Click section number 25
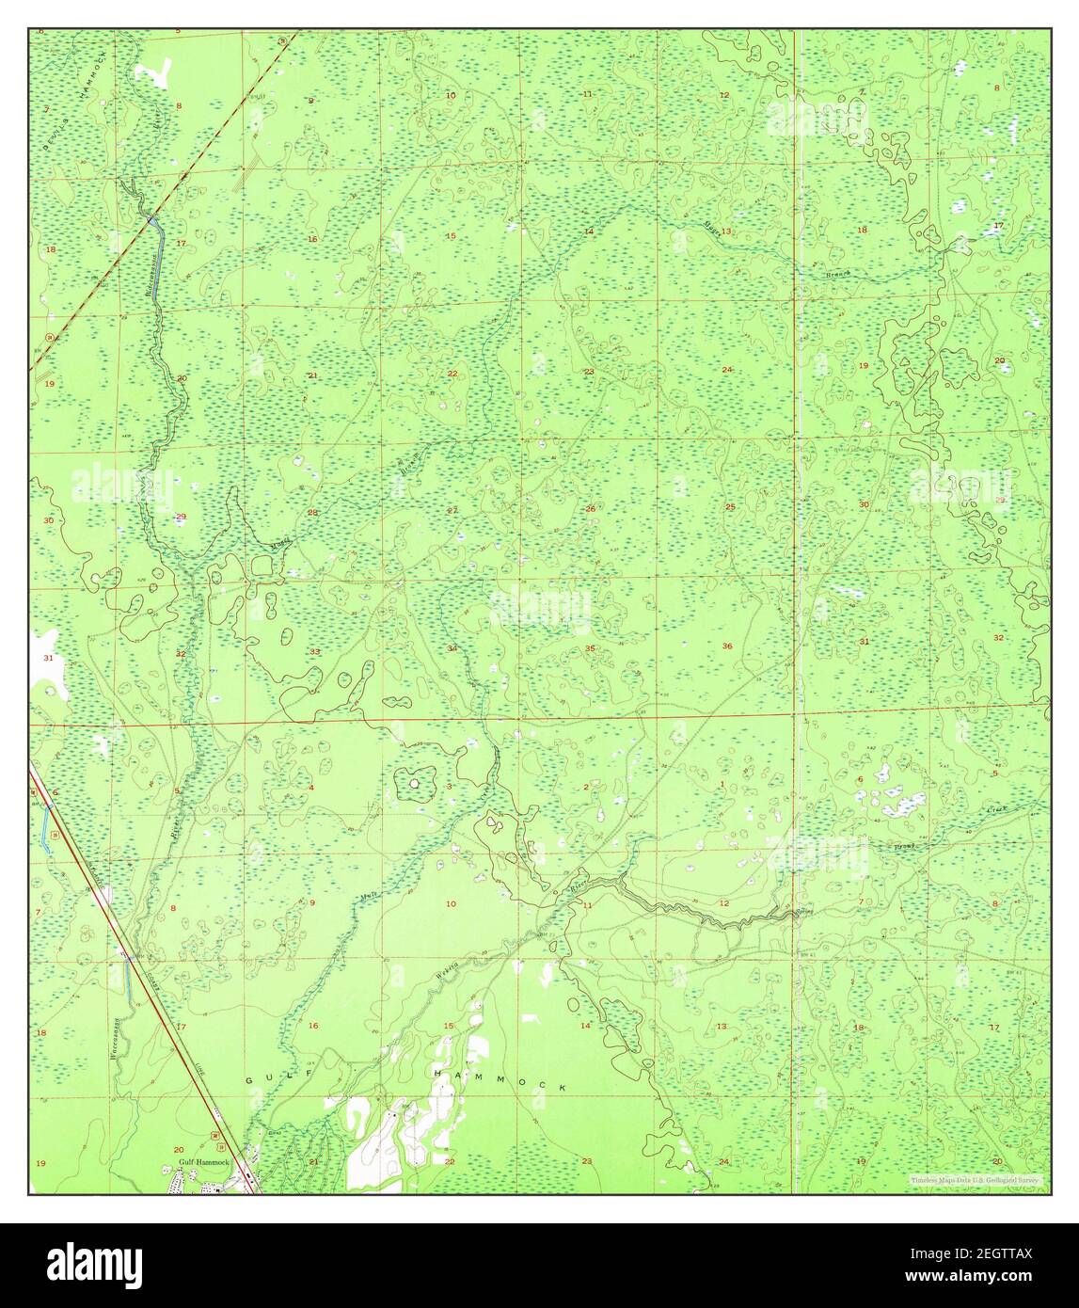pos(730,507)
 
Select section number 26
pos(590,509)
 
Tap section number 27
pos(452,510)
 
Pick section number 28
pos(313,512)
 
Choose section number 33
pos(315,651)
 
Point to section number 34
pos(452,648)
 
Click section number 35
pos(590,647)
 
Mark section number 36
pos(727,646)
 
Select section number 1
pos(722,785)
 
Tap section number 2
pos(586,787)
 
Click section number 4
pos(311,788)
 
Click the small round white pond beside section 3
pos(414,781)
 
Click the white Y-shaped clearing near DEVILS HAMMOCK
pos(158,72)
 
